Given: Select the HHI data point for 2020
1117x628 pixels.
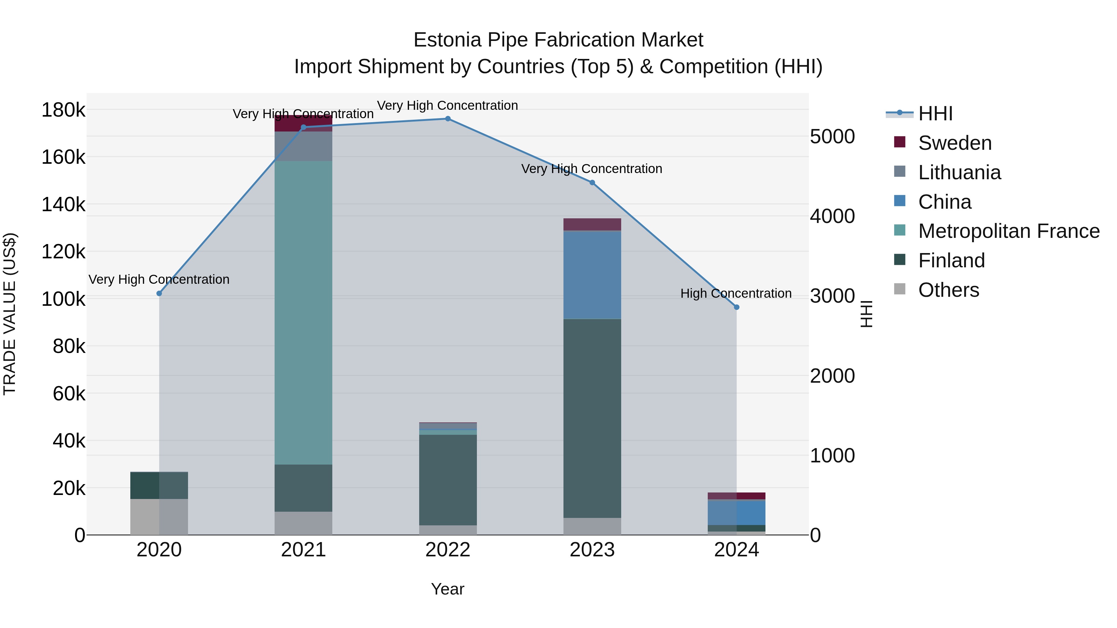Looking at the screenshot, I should [159, 293].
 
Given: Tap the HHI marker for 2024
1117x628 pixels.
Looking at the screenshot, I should [736, 307].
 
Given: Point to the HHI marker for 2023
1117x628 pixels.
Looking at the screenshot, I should [592, 182].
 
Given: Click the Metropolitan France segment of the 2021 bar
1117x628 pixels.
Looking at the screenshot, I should [303, 312].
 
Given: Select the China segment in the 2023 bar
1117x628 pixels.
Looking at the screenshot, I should [592, 275].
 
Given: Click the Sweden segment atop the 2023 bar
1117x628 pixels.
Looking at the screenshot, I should [592, 225].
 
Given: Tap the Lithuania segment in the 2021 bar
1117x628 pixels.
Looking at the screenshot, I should [303, 146].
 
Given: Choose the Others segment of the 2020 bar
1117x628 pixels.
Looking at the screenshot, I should [159, 517].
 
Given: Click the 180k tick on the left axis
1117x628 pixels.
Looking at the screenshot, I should [63, 110].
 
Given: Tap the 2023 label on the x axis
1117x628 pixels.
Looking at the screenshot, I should [592, 550].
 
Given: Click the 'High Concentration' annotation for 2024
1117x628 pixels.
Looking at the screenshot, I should [736, 293].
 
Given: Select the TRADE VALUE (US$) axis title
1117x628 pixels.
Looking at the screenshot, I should [10, 314].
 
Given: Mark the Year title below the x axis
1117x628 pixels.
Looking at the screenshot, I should [447, 589].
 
